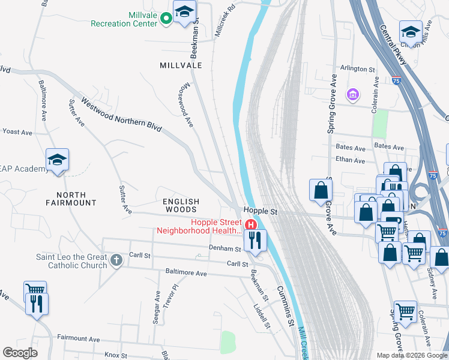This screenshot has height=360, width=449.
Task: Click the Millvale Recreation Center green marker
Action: coord(167,19)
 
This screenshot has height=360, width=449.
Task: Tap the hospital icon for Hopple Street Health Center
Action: coord(252,224)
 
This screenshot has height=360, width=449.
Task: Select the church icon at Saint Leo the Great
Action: coord(116,260)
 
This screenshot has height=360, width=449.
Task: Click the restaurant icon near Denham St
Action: coord(255,241)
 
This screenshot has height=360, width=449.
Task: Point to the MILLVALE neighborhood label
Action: coord(181,65)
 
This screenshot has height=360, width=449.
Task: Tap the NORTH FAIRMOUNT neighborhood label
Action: coord(76,199)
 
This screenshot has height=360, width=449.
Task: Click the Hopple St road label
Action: coord(260,211)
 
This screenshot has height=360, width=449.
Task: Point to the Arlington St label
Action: coord(358,70)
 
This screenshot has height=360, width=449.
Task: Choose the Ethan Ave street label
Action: coord(351,161)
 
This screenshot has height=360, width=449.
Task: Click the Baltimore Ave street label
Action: coord(186,273)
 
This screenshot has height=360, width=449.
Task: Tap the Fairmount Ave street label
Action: coord(78,339)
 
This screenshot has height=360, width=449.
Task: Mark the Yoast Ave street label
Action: coord(17,131)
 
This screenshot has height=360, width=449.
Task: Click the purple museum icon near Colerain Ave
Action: coord(352,95)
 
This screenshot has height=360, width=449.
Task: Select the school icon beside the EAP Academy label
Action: coord(58,160)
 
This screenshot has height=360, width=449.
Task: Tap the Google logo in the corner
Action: coord(20,353)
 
